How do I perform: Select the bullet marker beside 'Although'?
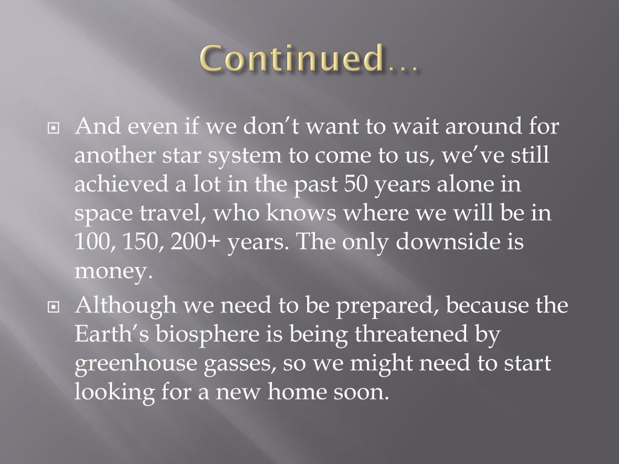(54, 307)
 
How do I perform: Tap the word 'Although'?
(126, 306)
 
